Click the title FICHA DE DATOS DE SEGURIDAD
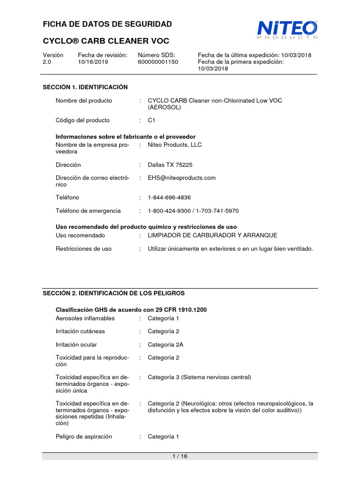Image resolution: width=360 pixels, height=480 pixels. click(x=107, y=24)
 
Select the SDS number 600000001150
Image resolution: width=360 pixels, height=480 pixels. click(x=157, y=62)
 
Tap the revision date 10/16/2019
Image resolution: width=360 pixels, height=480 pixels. click(x=93, y=62)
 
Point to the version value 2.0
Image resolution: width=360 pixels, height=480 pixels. click(x=47, y=62)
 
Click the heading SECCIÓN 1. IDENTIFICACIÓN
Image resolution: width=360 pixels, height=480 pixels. click(x=85, y=87)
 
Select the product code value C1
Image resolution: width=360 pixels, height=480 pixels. click(x=151, y=120)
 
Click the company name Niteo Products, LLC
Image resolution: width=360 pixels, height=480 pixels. click(x=174, y=145)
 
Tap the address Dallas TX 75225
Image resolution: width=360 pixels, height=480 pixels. click(x=170, y=165)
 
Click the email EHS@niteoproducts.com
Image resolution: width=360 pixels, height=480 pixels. click(x=181, y=178)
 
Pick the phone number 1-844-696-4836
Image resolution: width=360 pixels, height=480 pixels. click(x=169, y=198)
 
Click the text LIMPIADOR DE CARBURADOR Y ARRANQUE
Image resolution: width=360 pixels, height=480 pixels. click(x=212, y=235)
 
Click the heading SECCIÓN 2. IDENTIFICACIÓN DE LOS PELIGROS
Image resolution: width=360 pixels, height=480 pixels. click(x=114, y=293)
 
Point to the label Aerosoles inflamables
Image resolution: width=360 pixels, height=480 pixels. click(x=85, y=318)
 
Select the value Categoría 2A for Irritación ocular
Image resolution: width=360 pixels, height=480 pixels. click(x=165, y=345)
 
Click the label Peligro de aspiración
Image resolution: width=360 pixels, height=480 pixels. click(x=84, y=436)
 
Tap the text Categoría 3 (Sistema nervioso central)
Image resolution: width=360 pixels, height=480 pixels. click(x=199, y=377)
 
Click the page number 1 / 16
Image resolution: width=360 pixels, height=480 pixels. click(x=180, y=457)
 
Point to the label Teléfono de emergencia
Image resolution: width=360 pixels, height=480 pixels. click(x=88, y=211)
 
